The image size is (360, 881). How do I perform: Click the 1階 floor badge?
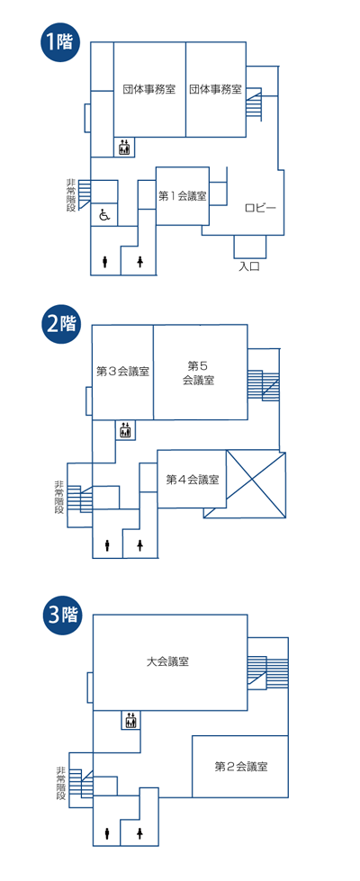[58, 42]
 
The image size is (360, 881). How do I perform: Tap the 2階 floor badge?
[59, 324]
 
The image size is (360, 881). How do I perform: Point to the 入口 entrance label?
[248, 266]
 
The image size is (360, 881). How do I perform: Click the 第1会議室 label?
[183, 196]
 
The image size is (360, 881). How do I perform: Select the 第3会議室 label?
[123, 371]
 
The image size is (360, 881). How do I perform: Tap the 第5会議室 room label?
[198, 373]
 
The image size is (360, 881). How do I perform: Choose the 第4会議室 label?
[192, 480]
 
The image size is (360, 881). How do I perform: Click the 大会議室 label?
[166, 661]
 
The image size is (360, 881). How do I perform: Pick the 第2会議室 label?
[240, 766]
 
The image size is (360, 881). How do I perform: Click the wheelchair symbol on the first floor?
[104, 214]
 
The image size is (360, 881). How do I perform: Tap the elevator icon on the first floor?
[124, 148]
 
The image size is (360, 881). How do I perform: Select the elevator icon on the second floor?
[125, 430]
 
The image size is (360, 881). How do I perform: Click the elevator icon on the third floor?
[130, 720]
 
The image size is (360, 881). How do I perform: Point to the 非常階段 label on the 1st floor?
[71, 195]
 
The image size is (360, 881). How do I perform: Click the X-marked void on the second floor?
[256, 484]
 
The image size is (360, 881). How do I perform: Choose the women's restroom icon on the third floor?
[139, 834]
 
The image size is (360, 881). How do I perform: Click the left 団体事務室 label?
[149, 89]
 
